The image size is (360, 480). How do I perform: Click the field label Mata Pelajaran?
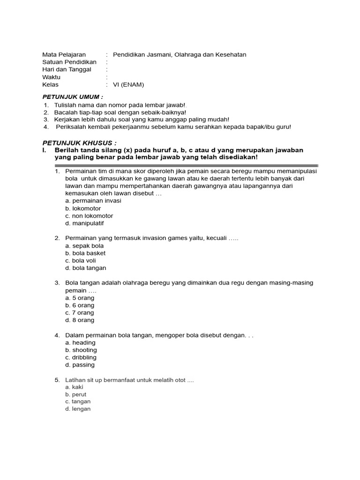tap(64, 55)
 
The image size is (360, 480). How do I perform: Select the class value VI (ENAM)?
tap(128, 85)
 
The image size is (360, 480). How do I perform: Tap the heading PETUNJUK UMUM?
tap(73, 97)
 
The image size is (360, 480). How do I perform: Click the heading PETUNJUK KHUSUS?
tap(79, 142)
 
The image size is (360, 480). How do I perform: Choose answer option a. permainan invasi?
tap(93, 201)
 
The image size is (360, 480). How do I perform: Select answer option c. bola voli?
tap(81, 261)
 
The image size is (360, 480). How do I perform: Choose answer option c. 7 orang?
tap(80, 313)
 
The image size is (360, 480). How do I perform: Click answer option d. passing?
tap(80, 365)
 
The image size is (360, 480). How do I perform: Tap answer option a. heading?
tap(80, 343)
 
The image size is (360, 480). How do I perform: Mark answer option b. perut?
tap(76, 394)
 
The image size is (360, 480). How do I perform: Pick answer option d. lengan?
tap(78, 409)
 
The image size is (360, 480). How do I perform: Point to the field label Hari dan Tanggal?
tap(67, 70)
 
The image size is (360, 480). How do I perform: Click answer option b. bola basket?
tap(85, 253)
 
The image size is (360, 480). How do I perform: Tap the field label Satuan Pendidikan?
tap(69, 62)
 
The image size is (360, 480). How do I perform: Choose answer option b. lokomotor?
tap(83, 209)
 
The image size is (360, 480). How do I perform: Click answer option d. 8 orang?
tap(80, 320)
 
